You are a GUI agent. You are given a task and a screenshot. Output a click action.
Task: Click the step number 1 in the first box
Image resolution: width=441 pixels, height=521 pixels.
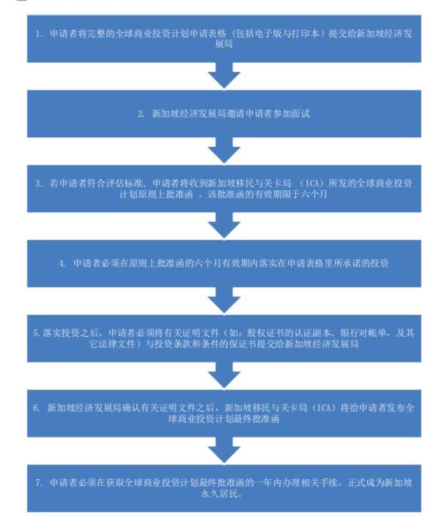39,34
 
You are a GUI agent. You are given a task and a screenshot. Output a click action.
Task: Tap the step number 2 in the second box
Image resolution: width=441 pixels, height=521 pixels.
141,114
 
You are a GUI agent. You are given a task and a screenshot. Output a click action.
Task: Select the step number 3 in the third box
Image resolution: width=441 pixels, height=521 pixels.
39,183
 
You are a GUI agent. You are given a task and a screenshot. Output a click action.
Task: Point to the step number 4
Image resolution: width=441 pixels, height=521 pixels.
62,264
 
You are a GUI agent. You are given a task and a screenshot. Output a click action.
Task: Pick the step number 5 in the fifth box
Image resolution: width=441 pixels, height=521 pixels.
36,333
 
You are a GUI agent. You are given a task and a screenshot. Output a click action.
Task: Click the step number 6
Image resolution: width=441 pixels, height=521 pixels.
36,408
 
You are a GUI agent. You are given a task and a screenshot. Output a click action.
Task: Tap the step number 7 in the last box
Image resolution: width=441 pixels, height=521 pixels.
39,483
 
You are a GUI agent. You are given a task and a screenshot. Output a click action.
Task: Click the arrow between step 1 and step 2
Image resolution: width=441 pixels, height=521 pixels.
224,76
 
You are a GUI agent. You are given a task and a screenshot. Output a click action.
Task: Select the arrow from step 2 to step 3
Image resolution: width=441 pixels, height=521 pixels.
224,150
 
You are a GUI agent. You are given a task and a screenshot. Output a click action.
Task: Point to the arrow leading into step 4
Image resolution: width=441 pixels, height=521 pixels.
224,225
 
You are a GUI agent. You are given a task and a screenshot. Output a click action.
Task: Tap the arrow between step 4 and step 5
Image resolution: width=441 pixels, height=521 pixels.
224,300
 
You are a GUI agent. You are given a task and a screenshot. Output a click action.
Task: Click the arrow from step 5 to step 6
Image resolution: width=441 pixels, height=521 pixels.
224,376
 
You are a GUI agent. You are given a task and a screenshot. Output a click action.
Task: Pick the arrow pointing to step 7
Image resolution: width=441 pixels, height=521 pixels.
224,451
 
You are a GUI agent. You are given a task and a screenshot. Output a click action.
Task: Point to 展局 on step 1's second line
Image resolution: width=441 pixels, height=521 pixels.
223,44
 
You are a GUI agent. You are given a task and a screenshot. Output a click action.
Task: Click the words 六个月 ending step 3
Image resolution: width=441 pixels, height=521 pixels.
314,194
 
